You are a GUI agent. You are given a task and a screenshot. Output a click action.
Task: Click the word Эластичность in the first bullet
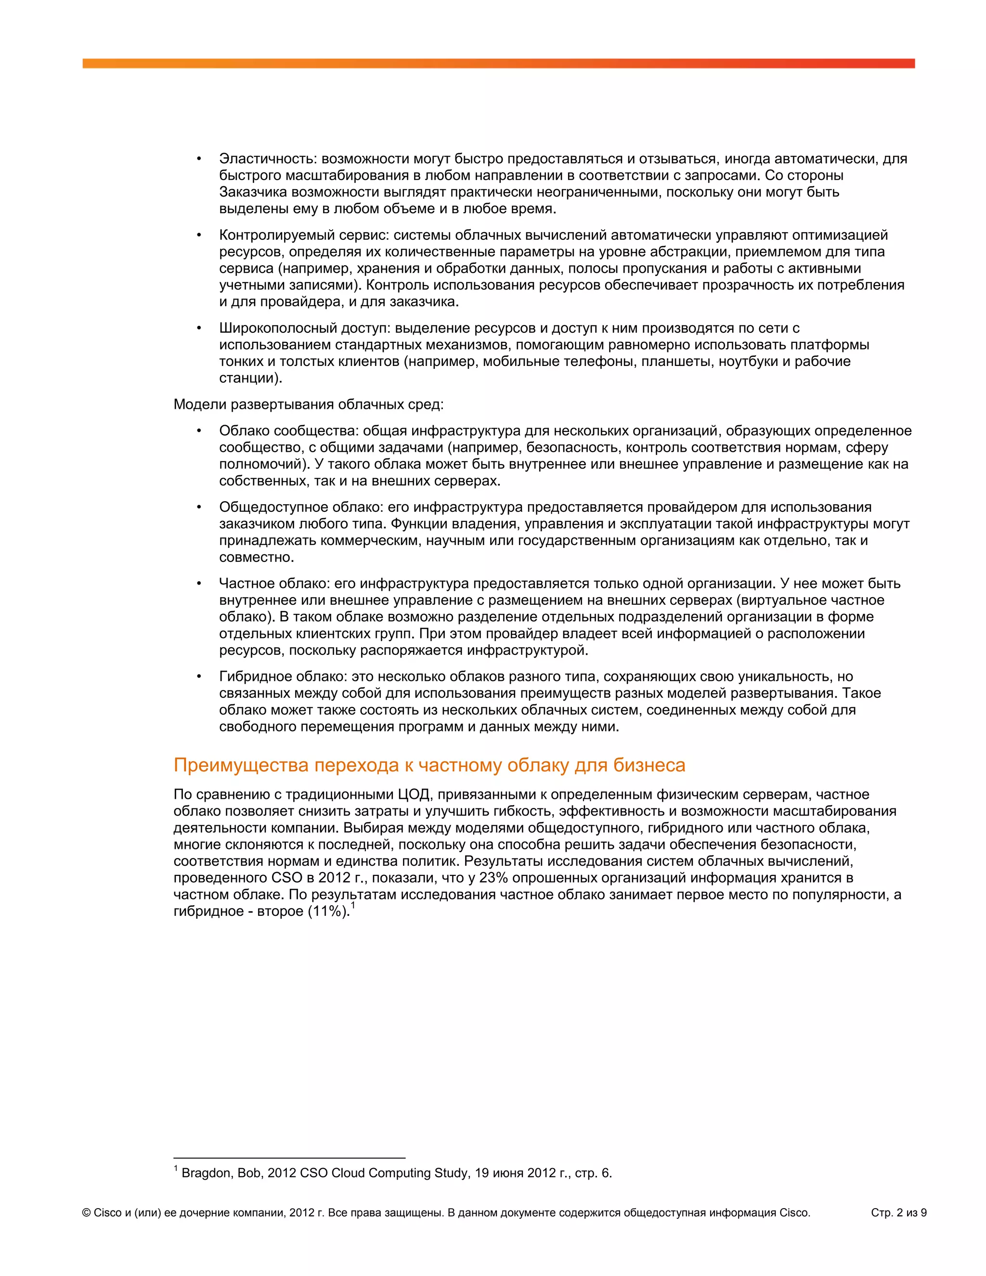pyautogui.click(x=266, y=159)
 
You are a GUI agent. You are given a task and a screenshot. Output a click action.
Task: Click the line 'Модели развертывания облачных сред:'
pyautogui.click(x=309, y=404)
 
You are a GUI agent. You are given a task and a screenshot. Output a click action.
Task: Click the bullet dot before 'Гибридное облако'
pyautogui.click(x=199, y=677)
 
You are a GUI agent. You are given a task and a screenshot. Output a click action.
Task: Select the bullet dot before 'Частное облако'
pyautogui.click(x=199, y=584)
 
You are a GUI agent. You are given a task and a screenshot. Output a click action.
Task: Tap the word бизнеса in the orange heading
pyautogui.click(x=649, y=766)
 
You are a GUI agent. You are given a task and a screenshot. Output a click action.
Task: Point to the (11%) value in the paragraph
pyautogui.click(x=328, y=911)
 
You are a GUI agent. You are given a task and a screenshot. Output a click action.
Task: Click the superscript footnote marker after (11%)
pyautogui.click(x=353, y=906)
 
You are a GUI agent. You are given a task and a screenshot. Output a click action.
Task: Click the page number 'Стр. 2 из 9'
pyautogui.click(x=898, y=1213)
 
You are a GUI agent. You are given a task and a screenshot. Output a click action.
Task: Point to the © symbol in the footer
pyautogui.click(x=87, y=1213)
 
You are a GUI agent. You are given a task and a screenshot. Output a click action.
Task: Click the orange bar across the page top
pyautogui.click(x=498, y=63)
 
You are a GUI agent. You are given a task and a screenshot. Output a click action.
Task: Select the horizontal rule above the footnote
pyautogui.click(x=289, y=1158)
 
